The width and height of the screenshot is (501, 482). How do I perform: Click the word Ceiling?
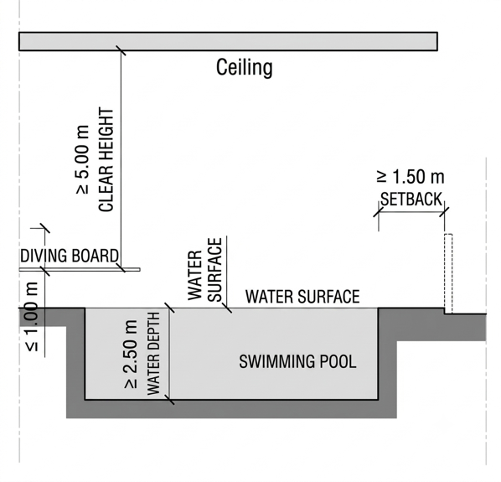point(245,67)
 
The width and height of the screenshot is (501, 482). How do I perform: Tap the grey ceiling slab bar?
point(228,41)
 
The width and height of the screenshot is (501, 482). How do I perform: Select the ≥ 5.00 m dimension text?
point(82,159)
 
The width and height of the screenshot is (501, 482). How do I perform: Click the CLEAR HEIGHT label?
point(106,159)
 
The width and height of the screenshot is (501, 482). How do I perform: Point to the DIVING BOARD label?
point(70,256)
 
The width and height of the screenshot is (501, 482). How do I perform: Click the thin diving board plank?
point(80,270)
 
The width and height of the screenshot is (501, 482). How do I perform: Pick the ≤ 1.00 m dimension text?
point(32,317)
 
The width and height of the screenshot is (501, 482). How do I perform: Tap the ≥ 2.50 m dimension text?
point(131,354)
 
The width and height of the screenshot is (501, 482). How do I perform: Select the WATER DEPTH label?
point(153,354)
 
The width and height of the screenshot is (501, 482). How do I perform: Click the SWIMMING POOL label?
point(297,361)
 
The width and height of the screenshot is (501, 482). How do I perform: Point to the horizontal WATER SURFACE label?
point(302,296)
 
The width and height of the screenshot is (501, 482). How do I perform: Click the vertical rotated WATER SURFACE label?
point(204,270)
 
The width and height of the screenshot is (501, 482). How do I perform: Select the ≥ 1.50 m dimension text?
point(411,177)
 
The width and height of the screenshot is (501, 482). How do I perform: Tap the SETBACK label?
point(411,200)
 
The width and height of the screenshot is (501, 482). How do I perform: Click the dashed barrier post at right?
point(448,273)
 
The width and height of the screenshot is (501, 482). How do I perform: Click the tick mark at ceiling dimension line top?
point(121,50)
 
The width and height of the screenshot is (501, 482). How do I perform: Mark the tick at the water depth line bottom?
point(169,400)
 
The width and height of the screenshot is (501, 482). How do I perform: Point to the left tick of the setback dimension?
point(379,212)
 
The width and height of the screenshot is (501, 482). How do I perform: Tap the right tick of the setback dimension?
point(444,212)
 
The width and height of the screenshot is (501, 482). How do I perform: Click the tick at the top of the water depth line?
point(169,308)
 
